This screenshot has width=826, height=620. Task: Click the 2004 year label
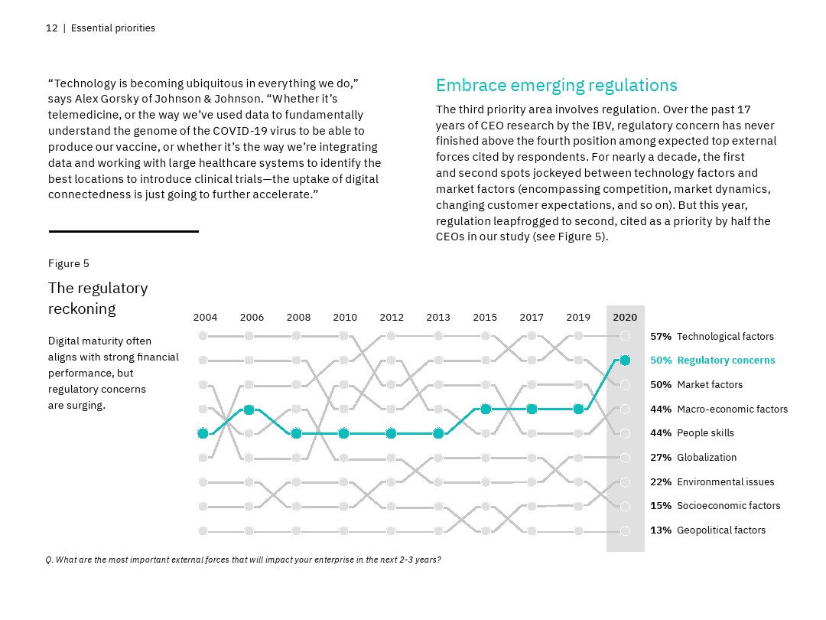pos(205,317)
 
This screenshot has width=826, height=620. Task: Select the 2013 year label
pos(438,317)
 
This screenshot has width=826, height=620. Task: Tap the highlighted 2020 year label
pos(625,317)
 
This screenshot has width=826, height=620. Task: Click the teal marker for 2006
pos(249,410)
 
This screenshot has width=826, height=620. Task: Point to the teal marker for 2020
pos(625,360)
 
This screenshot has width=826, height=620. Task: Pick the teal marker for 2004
pos(203,433)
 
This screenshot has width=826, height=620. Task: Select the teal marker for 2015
pos(485,410)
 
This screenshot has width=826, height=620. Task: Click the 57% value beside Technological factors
pos(661,336)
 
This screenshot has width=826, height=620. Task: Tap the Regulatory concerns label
pos(726,361)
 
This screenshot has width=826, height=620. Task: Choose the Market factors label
pos(710,384)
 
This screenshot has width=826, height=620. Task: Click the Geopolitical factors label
pos(721,530)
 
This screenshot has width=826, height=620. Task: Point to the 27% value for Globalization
pos(661,458)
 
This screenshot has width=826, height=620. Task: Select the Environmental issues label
pos(725,481)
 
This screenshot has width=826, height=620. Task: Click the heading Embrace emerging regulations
pos(556,85)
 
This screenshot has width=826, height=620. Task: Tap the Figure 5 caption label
pos(69,263)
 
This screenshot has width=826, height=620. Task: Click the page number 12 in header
pos(51,28)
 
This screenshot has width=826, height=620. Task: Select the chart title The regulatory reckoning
pos(98,298)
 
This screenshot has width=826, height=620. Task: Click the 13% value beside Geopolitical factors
pos(661,530)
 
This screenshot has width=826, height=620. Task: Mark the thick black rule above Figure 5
pos(123,231)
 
